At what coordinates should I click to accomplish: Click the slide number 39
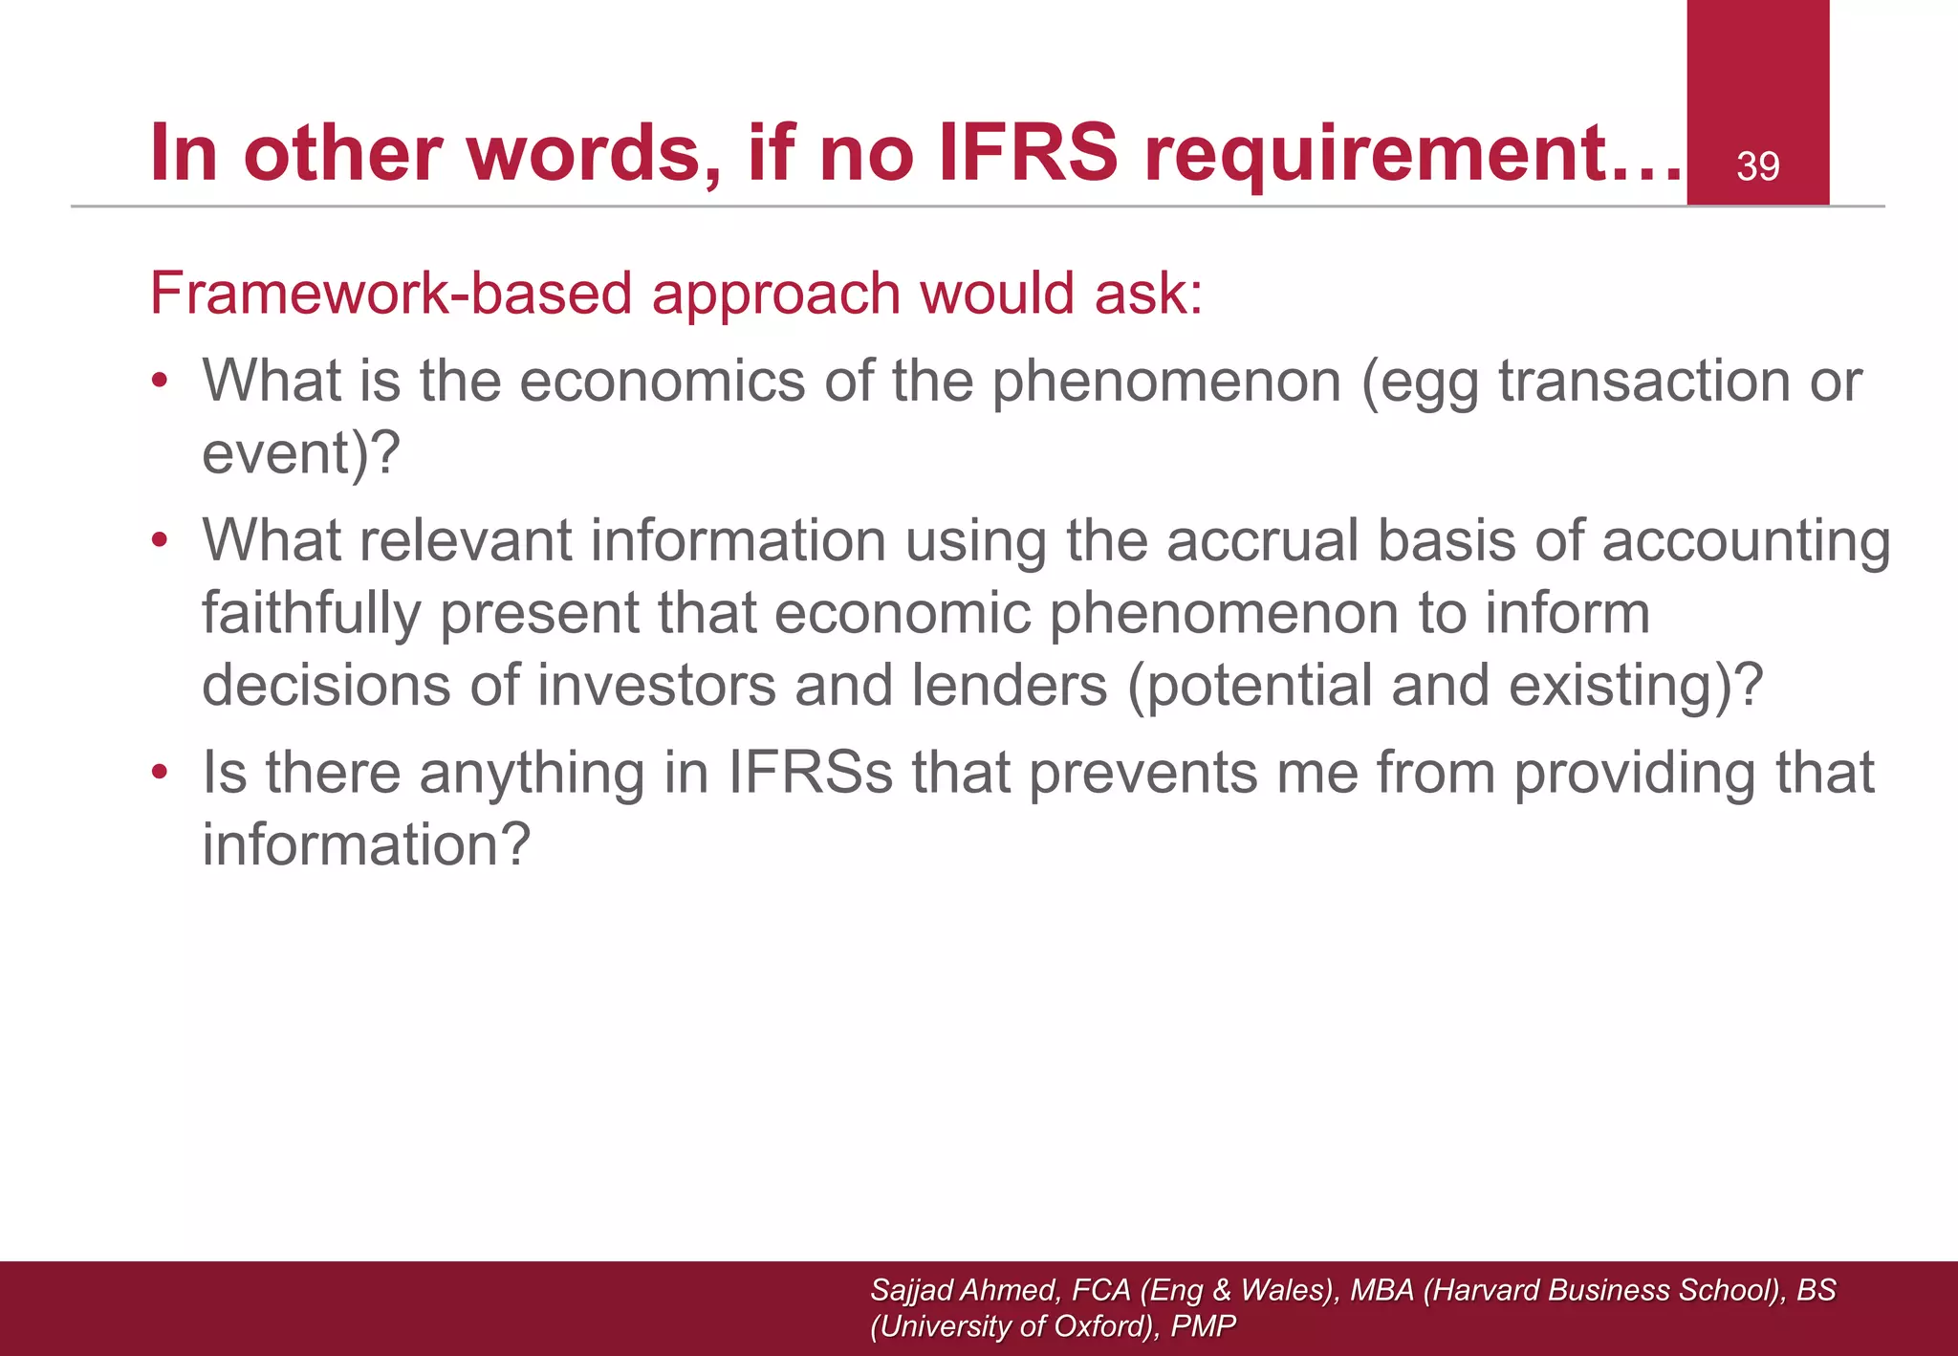click(1757, 167)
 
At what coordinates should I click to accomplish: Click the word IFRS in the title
click(1027, 153)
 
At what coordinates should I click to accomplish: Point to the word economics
click(663, 381)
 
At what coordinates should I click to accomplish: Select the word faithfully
click(311, 614)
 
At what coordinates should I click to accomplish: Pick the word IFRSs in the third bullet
click(811, 773)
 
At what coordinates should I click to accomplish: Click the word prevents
click(1143, 773)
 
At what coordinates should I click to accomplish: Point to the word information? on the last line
click(365, 845)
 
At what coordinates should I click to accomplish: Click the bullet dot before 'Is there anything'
click(160, 772)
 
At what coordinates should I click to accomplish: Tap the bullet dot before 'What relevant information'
click(160, 540)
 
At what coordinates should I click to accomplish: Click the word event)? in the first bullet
click(300, 453)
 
